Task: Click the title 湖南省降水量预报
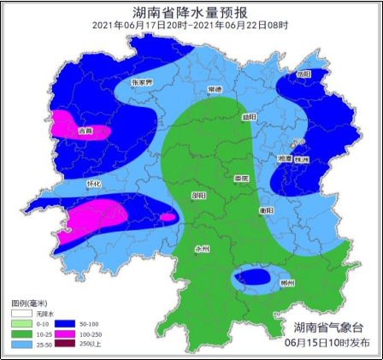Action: pos(191,12)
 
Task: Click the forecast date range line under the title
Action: pos(191,26)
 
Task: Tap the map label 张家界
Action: pos(141,83)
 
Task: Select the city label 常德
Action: pos(215,89)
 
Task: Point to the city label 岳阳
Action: pos(303,74)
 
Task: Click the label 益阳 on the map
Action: pos(248,116)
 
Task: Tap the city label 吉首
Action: pos(85,132)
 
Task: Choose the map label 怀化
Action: pos(94,184)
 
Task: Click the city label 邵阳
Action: pos(198,195)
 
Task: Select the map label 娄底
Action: pos(241,178)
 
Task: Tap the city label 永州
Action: pos(203,250)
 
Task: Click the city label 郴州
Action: pos(286,283)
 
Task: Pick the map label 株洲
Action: pos(300,160)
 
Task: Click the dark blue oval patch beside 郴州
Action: pos(254,277)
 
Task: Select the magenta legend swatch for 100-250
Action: pos(69,333)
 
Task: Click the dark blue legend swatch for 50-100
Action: pos(69,324)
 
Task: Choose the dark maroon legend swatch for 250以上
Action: pos(69,343)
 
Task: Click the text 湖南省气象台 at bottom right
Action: pos(327,327)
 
